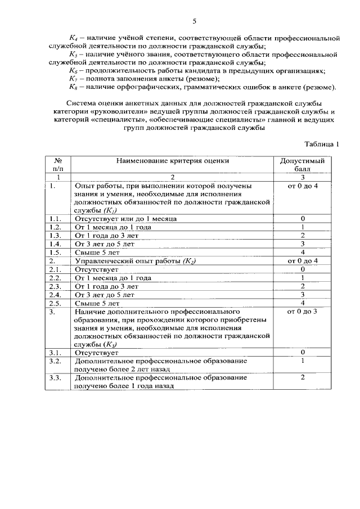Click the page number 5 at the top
click(194, 22)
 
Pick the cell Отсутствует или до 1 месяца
click(126, 218)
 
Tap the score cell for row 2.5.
click(302, 303)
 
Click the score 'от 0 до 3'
click(302, 311)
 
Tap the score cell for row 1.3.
click(302, 235)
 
